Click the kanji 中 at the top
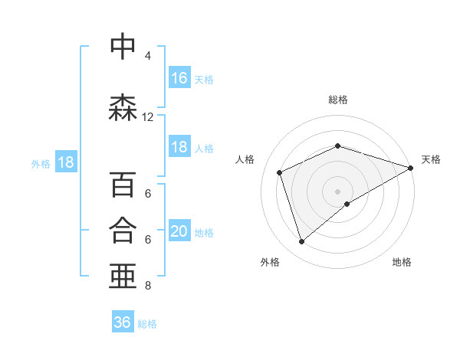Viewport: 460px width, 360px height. [x=123, y=47]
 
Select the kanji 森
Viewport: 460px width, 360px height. [x=123, y=108]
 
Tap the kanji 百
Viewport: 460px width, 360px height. [x=123, y=185]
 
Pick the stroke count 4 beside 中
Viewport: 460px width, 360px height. [x=147, y=56]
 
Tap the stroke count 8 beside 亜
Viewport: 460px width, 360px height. [x=147, y=286]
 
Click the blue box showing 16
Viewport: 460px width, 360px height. [x=179, y=78]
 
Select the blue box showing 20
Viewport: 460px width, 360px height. [x=179, y=231]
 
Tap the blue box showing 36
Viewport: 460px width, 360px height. [x=123, y=322]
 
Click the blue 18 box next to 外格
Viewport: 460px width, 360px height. [x=65, y=162]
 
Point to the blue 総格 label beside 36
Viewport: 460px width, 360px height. [x=148, y=324]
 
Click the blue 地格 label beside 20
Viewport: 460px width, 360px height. [x=205, y=232]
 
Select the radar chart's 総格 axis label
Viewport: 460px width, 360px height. [x=338, y=100]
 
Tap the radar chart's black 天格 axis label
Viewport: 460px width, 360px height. [x=431, y=159]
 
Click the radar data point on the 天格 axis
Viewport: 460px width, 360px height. [x=410, y=168]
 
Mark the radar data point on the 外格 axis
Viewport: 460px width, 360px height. [x=301, y=242]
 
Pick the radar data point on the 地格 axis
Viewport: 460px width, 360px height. [x=347, y=204]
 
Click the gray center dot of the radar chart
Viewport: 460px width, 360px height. [x=338, y=191]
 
